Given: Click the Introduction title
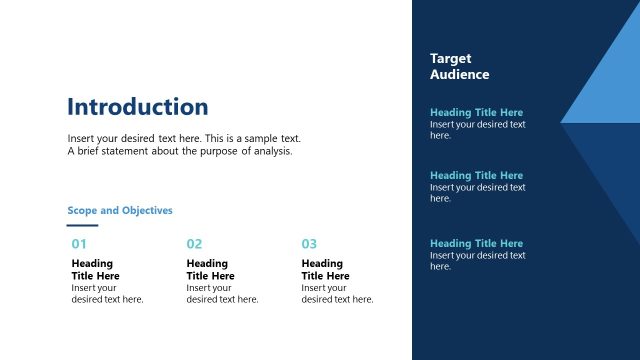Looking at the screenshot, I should (138, 107).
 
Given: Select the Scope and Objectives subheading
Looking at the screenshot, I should (120, 211).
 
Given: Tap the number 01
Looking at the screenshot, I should (79, 244).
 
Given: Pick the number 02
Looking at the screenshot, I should (194, 244).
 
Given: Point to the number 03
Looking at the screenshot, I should (309, 244).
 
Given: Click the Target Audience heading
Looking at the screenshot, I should (459, 67).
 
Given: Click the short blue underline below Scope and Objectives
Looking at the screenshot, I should (82, 226).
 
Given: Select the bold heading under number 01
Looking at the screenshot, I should (96, 270).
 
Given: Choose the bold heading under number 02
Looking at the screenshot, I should (211, 270).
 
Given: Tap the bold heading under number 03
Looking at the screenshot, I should (326, 270).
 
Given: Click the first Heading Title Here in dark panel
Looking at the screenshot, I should (476, 113).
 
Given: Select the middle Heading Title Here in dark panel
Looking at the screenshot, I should (476, 176).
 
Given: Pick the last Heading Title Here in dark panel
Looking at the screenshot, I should (476, 244).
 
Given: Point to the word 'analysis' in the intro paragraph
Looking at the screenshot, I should (272, 152).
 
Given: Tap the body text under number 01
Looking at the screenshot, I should (107, 294).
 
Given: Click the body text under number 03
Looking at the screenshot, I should (337, 294).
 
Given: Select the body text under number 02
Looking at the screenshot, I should (222, 294).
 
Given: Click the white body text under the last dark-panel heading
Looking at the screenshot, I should (477, 261).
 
